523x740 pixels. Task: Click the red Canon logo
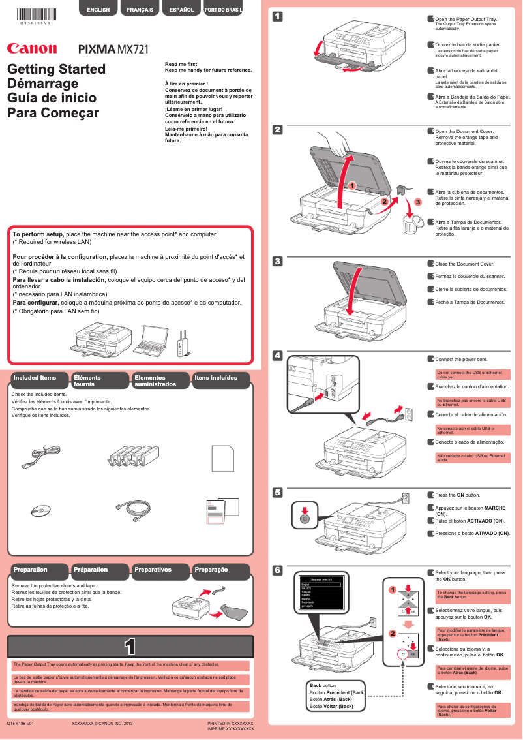pos(32,48)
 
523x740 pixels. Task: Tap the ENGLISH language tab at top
pos(98,10)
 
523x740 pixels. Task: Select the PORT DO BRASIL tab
pos(224,10)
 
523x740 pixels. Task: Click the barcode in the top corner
pos(37,12)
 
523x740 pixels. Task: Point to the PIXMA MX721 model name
pos(113,49)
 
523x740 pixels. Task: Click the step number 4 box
pos(277,356)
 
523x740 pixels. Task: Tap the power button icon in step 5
pos(303,518)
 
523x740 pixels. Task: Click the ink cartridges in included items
pos(133,454)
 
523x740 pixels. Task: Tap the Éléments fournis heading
pos(87,380)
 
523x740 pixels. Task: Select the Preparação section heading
pos(211,570)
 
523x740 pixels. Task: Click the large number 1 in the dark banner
pos(130,646)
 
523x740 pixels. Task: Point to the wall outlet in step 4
pos(410,413)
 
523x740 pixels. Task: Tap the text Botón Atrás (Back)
pos(331,699)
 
